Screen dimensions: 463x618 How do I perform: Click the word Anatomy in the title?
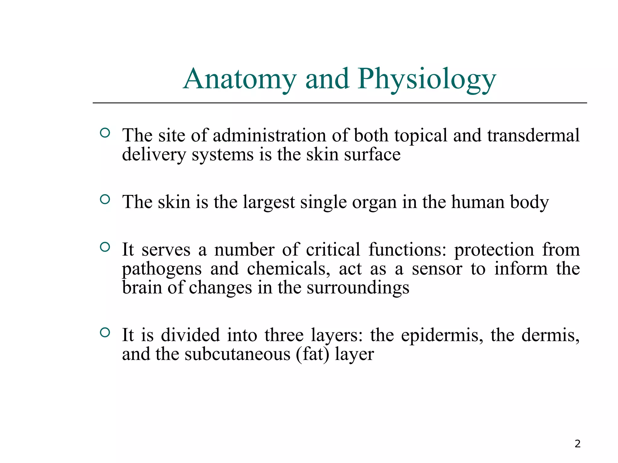tap(240, 79)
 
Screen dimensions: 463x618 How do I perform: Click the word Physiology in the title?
tap(427, 79)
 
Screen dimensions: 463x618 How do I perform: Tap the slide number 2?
tap(577, 444)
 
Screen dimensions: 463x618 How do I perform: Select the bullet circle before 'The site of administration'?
tap(105, 133)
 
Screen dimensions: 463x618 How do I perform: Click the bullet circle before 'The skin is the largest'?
tap(105, 199)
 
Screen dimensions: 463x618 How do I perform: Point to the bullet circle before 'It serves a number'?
tap(105, 247)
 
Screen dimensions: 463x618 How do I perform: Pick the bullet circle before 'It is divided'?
tap(105, 332)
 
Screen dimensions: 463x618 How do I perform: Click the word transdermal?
tap(533, 135)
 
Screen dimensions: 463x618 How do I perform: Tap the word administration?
tap(269, 135)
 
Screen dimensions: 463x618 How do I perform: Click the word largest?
tap(269, 202)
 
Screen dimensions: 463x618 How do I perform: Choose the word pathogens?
tap(162, 269)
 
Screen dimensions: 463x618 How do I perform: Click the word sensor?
tap(437, 269)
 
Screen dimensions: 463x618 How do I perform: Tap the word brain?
tap(142, 288)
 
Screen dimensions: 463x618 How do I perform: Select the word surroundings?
tap(358, 288)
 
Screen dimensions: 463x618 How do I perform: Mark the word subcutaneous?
tap(237, 354)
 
